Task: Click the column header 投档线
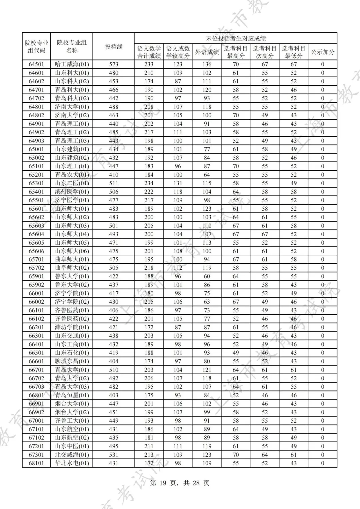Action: (114, 47)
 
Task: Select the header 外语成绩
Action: (207, 52)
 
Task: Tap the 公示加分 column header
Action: (322, 52)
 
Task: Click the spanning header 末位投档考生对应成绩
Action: (236, 38)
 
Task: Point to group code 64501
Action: (36, 64)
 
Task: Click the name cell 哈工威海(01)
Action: (72, 64)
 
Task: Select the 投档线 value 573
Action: (114, 64)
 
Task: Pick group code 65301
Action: (36, 183)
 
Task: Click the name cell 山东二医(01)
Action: (72, 183)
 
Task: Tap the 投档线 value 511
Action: (114, 183)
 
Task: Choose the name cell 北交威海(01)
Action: (72, 455)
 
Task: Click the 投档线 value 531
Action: (114, 455)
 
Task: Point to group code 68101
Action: (36, 463)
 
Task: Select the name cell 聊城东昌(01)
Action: (72, 361)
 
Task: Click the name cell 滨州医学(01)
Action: (72, 192)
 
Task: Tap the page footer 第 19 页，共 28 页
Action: (180, 483)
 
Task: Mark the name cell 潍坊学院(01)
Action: (72, 327)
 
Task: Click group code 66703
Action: (36, 387)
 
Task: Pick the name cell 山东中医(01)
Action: (72, 446)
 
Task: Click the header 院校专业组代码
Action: (36, 47)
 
